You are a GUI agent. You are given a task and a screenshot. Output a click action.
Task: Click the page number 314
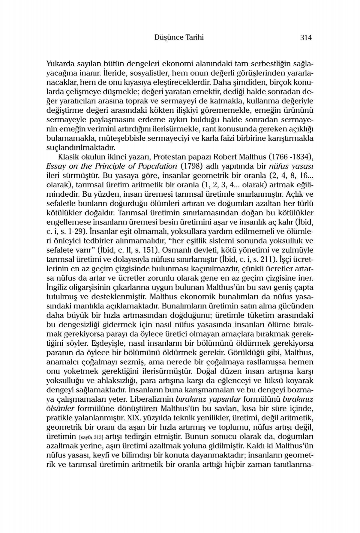[x=306, y=38]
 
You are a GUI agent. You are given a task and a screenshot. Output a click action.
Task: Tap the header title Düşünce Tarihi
[x=179, y=37]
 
